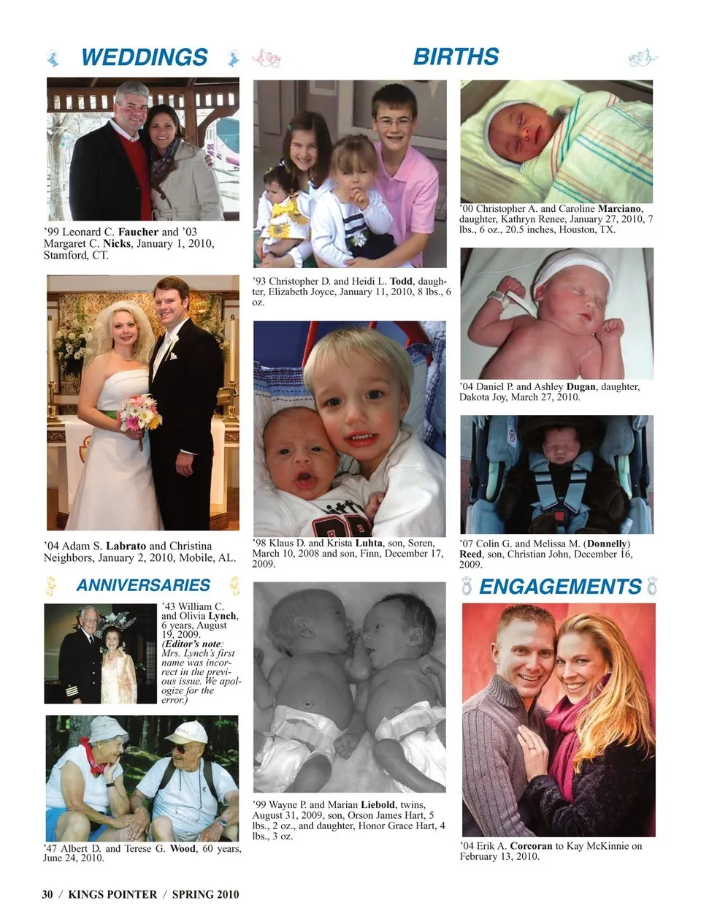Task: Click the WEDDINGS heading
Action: click(144, 57)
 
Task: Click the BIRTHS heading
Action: click(456, 56)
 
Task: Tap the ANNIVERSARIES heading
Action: click(143, 585)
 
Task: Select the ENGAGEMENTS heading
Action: click(560, 587)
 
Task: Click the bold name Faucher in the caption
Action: click(138, 232)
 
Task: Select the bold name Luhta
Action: click(369, 544)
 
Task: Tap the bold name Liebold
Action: click(383, 805)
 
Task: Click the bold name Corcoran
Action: click(531, 846)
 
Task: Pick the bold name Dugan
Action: click(581, 386)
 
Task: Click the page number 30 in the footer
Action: click(47, 894)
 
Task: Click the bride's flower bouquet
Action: click(140, 413)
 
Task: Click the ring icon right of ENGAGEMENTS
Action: click(652, 586)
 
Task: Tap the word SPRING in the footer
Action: click(193, 894)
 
